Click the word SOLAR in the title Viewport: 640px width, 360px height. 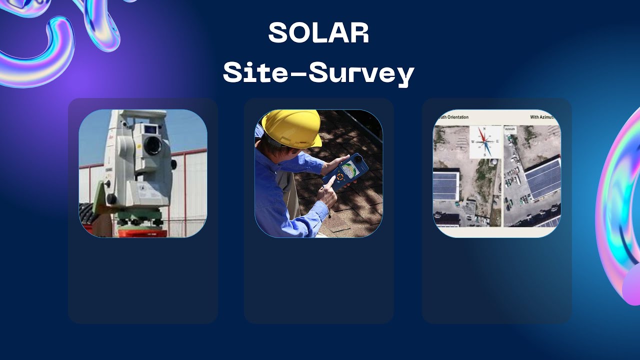[x=318, y=33]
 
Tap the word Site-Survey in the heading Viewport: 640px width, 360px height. [x=318, y=73]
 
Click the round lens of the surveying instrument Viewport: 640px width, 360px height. [x=153, y=144]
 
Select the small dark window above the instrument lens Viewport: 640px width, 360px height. [x=149, y=129]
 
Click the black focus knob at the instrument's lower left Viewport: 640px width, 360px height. [x=111, y=199]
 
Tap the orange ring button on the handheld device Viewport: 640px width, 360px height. [x=340, y=176]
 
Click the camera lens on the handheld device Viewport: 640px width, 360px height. [x=358, y=159]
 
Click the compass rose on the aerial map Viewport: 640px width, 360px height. [x=485, y=141]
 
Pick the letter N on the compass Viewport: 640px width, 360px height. [x=484, y=129]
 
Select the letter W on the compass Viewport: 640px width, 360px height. [x=472, y=142]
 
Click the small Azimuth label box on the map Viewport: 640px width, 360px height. [x=510, y=129]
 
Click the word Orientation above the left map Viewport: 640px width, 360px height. [x=455, y=117]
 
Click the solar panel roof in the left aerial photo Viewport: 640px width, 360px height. [x=445, y=185]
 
